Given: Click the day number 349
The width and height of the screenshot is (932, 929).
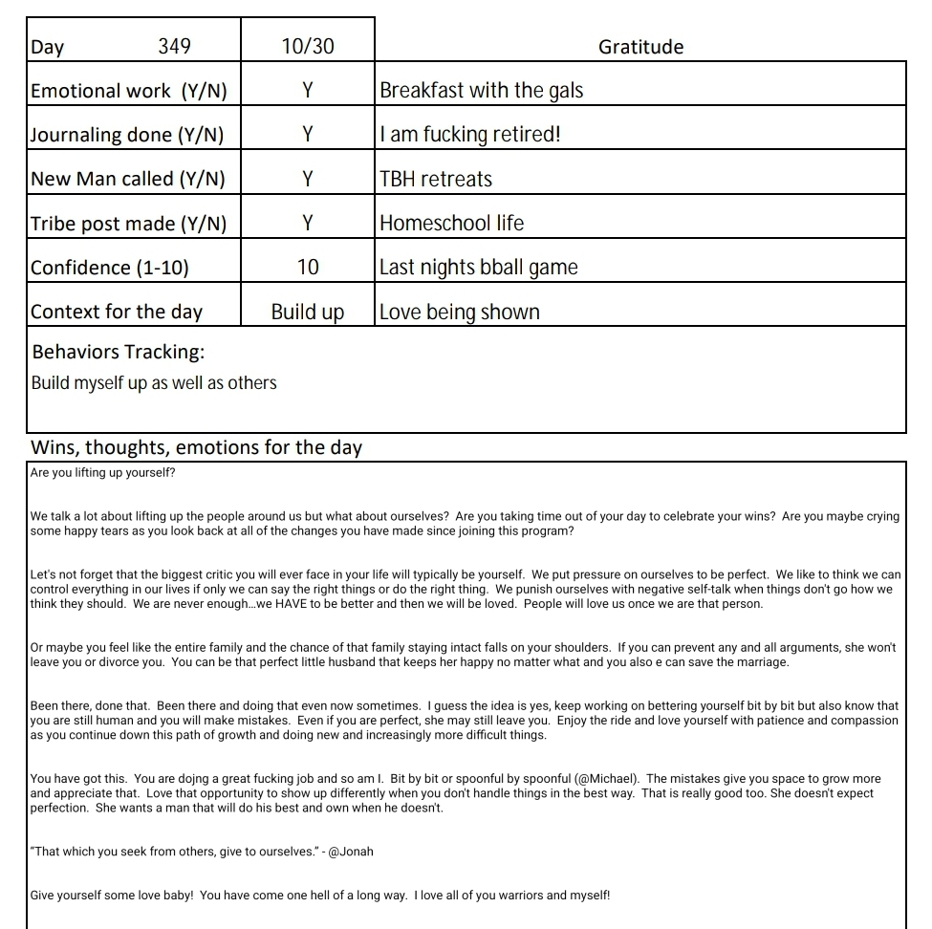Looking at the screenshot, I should pos(174,46).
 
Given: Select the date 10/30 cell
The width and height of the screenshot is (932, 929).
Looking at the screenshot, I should pos(308,46).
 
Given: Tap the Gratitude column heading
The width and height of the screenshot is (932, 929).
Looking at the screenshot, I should pos(640,46).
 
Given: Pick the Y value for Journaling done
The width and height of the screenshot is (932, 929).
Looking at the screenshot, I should pos(308,135).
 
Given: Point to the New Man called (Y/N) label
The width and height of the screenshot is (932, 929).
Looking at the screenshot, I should pos(128,179).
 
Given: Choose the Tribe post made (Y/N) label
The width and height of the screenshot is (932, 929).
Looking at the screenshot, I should pos(129,224).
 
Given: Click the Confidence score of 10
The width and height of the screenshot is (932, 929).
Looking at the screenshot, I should pos(308,268).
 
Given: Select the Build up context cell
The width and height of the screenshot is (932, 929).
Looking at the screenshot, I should pos(308,313).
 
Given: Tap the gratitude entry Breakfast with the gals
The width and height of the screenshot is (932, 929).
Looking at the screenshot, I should pos(481,91).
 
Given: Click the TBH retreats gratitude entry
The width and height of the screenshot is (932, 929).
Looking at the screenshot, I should pos(436,179).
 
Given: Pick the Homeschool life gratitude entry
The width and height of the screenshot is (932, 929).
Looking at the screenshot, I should pos(451,224).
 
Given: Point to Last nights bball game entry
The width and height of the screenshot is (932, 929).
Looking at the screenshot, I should pos(478,268).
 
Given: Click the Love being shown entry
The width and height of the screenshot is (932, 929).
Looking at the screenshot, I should pos(459,313).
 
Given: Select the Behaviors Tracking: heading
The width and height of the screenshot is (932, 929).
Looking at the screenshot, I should pos(119,352).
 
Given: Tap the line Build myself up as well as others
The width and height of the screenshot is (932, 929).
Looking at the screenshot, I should pos(154,383).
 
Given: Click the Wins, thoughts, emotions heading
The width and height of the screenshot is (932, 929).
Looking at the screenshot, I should pos(197,447).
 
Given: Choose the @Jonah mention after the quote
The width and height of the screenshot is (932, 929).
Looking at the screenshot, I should pos(350,852).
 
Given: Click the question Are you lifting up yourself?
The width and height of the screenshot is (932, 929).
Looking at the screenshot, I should pos(102,473).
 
